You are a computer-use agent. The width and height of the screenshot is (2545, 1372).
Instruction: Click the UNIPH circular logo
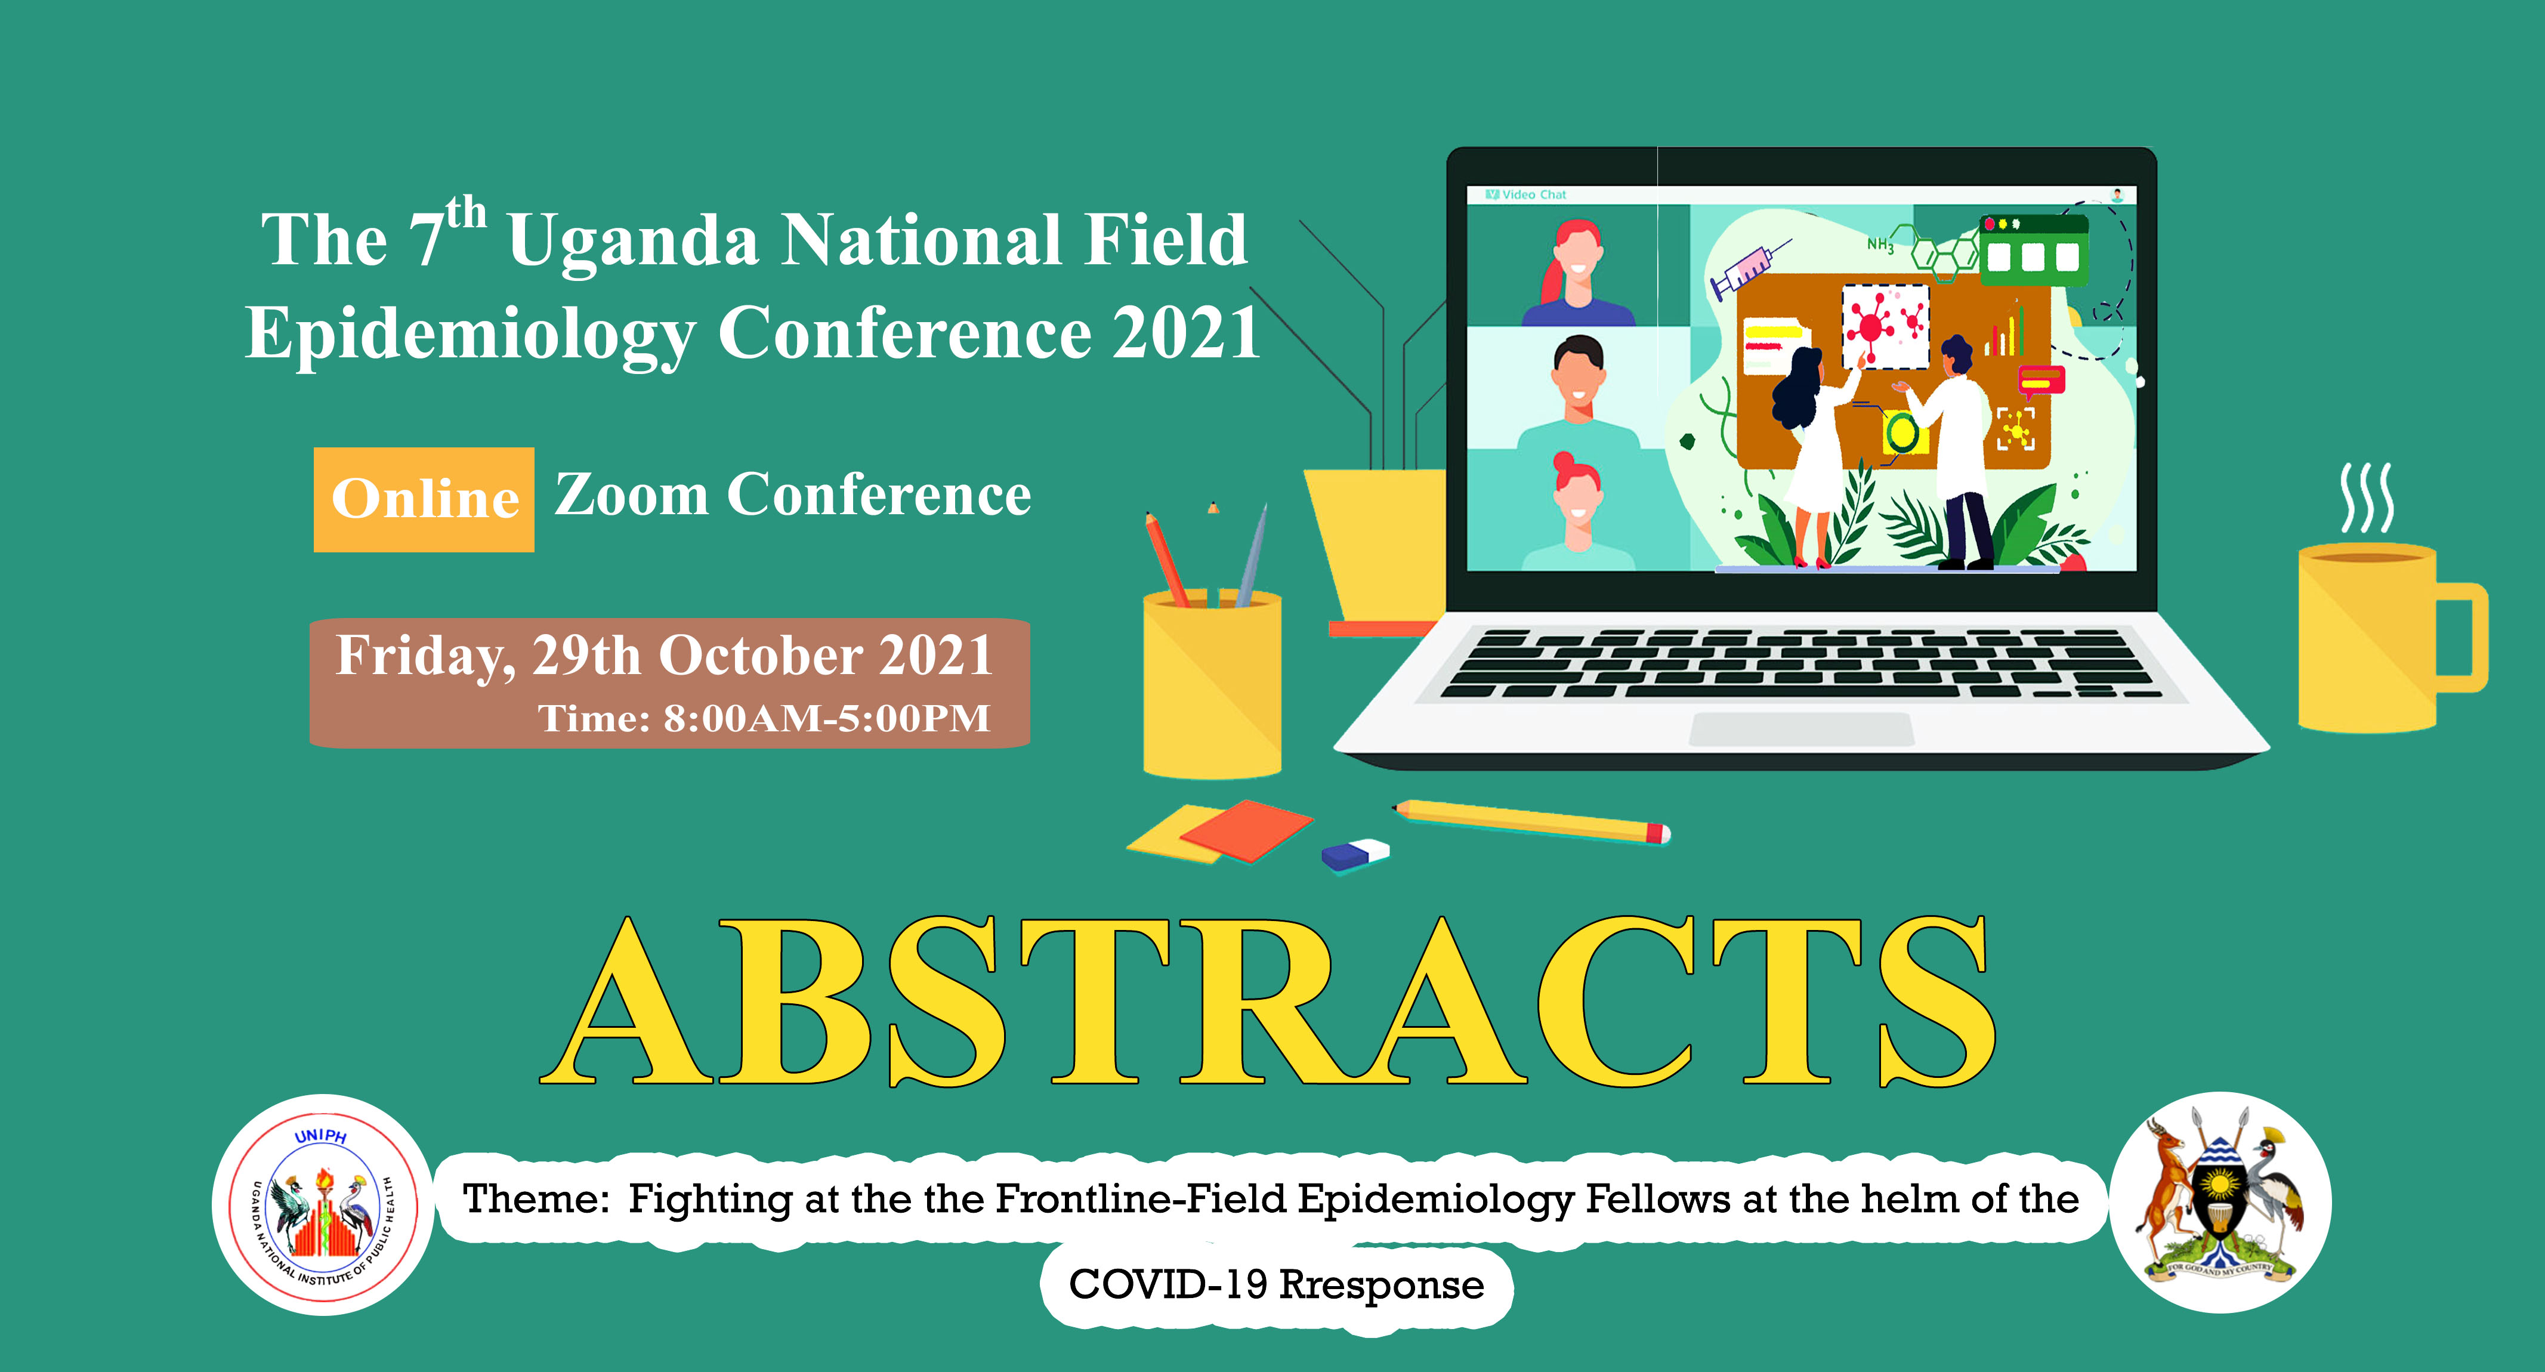coord(323,1204)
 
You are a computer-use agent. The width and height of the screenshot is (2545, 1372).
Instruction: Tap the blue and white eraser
coord(1355,854)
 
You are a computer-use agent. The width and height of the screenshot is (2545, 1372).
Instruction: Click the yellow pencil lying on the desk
coord(1531,821)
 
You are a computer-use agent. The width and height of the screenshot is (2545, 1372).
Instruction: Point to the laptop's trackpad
coord(1801,729)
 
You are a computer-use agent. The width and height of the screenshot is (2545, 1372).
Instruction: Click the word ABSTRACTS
coord(1268,1000)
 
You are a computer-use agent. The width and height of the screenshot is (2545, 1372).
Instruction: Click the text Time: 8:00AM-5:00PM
coord(764,718)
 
